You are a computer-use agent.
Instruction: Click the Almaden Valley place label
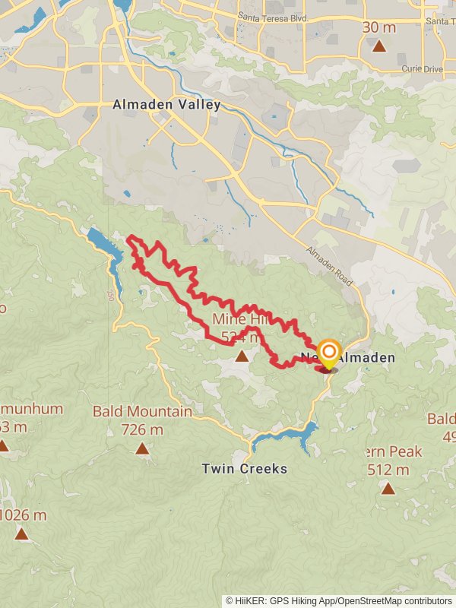[166, 105]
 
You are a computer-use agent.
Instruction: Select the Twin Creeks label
[244, 469]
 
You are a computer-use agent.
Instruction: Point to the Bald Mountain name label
[142, 412]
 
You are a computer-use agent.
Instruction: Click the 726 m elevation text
[142, 429]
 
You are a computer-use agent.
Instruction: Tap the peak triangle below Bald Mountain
[142, 448]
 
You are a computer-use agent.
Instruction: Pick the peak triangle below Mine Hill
[242, 356]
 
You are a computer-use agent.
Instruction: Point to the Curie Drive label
[422, 69]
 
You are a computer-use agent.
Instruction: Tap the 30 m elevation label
[379, 27]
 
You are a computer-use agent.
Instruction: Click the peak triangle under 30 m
[379, 46]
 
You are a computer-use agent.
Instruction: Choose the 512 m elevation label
[388, 470]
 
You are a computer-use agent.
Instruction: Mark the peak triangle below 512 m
[388, 489]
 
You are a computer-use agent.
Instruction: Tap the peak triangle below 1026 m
[21, 534]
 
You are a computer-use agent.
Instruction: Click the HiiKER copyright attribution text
[339, 600]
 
